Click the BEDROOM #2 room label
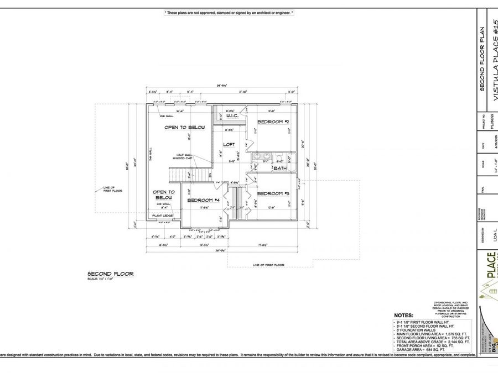tap(273, 122)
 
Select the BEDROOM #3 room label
tap(273, 193)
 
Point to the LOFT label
tap(229, 144)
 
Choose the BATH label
tap(280, 168)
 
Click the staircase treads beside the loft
tap(191, 176)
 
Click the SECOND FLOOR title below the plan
tap(110, 274)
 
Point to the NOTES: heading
tap(403, 315)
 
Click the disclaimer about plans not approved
tap(229, 12)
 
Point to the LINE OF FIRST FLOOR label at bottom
tap(268, 265)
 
